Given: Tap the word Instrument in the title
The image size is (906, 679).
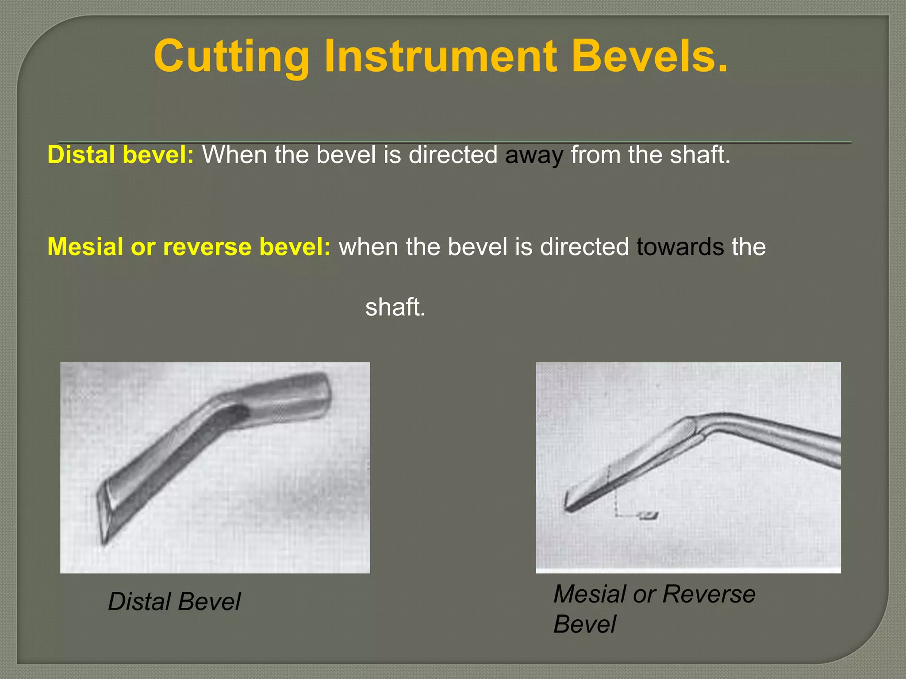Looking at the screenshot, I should (x=440, y=57).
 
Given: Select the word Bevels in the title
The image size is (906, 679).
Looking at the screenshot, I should (x=649, y=57).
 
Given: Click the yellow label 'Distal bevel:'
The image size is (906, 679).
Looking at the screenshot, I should (x=120, y=155).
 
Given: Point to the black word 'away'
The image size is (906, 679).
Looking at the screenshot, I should (x=534, y=156).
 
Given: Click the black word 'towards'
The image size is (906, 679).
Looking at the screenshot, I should (x=680, y=247).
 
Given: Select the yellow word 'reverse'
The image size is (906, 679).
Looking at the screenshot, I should (x=208, y=247).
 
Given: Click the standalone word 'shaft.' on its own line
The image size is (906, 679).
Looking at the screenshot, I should (x=395, y=307).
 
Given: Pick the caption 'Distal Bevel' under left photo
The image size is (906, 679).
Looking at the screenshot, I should (x=174, y=602).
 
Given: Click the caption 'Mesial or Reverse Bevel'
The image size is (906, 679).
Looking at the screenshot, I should (x=654, y=609).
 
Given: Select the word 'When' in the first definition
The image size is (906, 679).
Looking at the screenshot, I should (x=234, y=155).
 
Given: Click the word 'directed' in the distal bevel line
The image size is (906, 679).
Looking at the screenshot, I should (x=453, y=155).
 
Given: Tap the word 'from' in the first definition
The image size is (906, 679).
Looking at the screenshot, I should (x=595, y=155).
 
